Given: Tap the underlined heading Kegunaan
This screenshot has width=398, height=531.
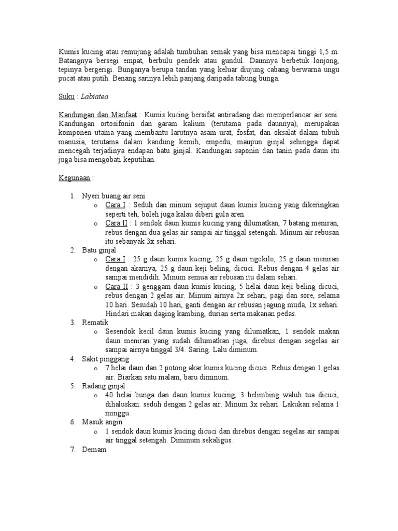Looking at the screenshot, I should pyautogui.click(x=75, y=178).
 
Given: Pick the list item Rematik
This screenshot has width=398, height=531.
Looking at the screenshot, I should pyautogui.click(x=95, y=323).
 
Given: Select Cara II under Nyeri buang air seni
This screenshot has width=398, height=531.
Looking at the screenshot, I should pyautogui.click(x=116, y=223).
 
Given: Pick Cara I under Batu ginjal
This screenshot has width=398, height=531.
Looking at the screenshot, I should pyautogui.click(x=115, y=259).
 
